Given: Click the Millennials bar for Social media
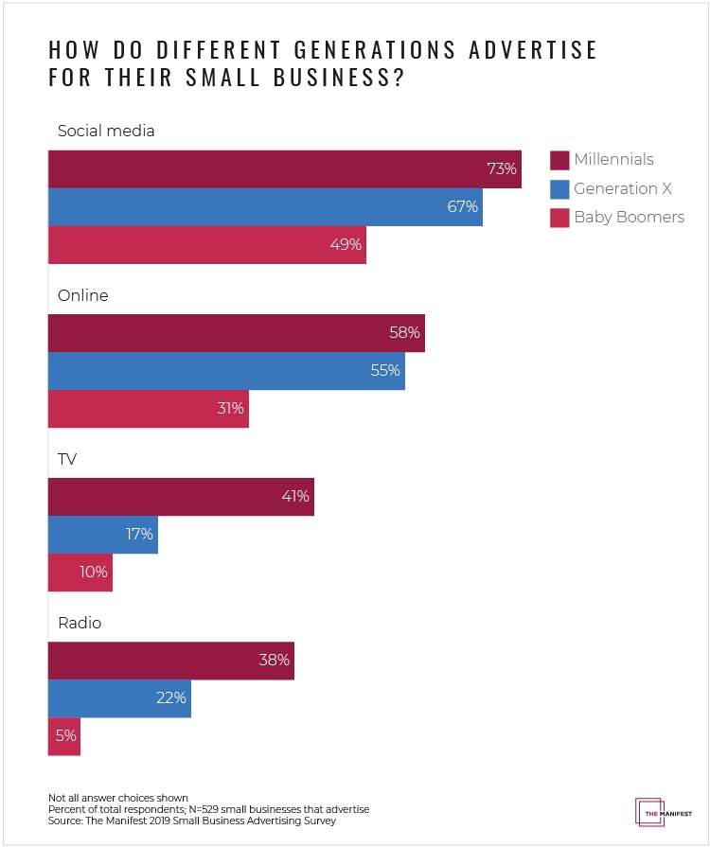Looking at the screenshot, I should pyautogui.click(x=284, y=169).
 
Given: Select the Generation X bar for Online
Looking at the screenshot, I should pyautogui.click(x=226, y=371).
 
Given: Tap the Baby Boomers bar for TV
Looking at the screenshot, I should pyautogui.click(x=80, y=573).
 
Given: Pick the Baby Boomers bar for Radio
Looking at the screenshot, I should pyautogui.click(x=64, y=736).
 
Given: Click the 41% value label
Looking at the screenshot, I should pyautogui.click(x=294, y=496).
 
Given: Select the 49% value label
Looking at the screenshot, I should pyautogui.click(x=346, y=245).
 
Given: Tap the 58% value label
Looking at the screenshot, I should pyautogui.click(x=405, y=333).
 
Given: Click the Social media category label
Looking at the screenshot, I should pyautogui.click(x=105, y=132).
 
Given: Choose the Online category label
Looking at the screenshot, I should pyautogui.click(x=83, y=295).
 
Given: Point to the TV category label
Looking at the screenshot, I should pyautogui.click(x=67, y=459).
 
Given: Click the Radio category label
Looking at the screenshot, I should pyautogui.click(x=80, y=624).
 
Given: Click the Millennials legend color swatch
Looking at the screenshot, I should pyautogui.click(x=558, y=159).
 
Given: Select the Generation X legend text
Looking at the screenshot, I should pyautogui.click(x=622, y=188).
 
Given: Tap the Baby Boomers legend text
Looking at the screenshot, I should pyautogui.click(x=629, y=218).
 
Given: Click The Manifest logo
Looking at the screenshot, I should pyautogui.click(x=649, y=812).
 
